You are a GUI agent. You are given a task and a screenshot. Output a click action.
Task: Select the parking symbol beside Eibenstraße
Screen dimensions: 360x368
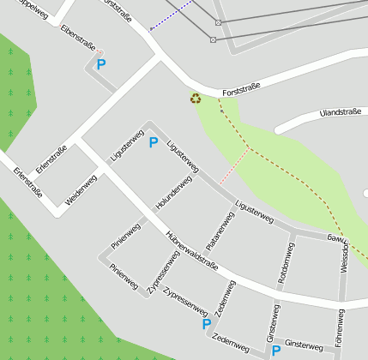pyautogui.click(x=100, y=64)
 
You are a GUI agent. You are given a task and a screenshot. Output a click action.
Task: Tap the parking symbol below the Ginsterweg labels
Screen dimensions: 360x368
pyautogui.click(x=276, y=351)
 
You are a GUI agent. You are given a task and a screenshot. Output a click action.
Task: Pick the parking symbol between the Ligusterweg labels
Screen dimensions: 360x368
pyautogui.click(x=154, y=142)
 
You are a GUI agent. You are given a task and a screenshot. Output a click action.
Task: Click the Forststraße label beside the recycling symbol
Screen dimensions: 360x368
pyautogui.click(x=240, y=89)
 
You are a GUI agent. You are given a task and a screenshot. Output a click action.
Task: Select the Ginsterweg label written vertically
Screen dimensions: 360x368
pyautogui.click(x=272, y=326)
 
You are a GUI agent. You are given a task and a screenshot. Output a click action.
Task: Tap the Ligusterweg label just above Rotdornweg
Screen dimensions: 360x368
pyautogui.click(x=253, y=213)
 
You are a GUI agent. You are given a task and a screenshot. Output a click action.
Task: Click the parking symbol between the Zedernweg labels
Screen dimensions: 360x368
pyautogui.click(x=206, y=324)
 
